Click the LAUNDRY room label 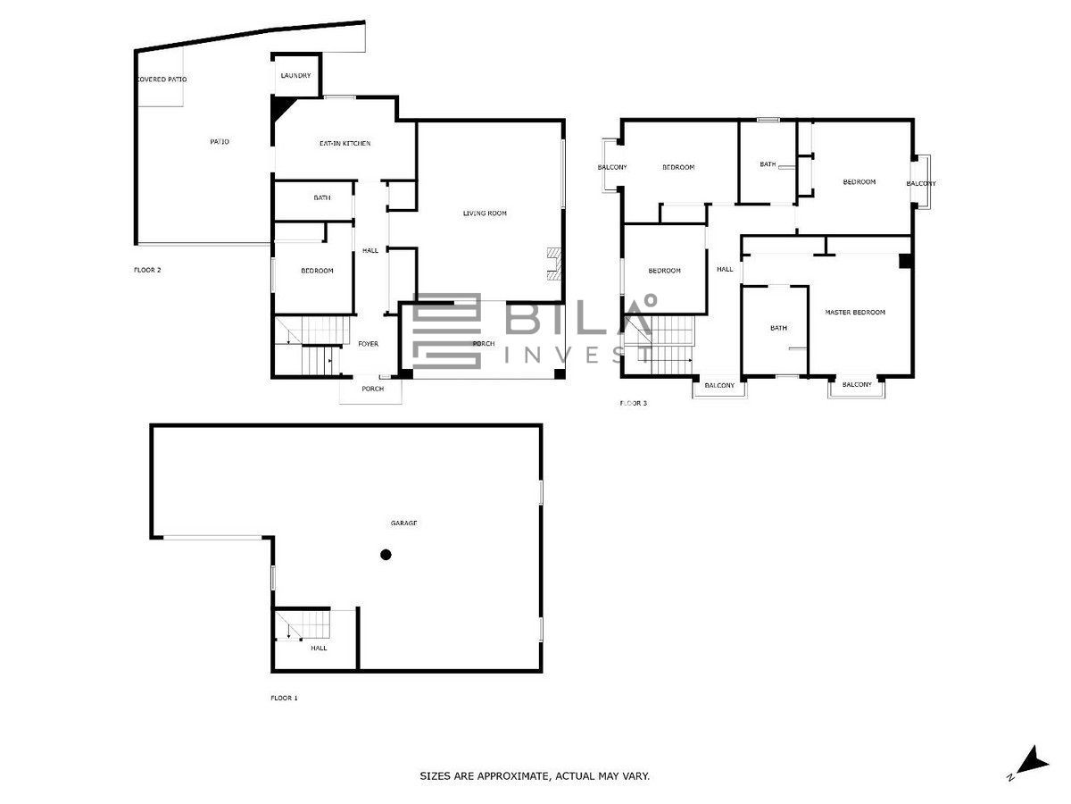point(295,76)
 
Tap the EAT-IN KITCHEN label point(345,144)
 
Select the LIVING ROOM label point(485,214)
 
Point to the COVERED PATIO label point(162,80)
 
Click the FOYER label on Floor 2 point(368,344)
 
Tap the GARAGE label point(403,523)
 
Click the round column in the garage point(386,555)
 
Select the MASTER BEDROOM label point(855,313)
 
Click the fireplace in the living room point(554,264)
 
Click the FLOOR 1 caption point(284,698)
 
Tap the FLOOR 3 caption point(633,403)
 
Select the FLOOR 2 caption point(147,270)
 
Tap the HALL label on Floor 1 point(319,649)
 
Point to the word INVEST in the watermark point(577,356)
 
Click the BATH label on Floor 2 point(321,197)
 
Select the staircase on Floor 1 point(303,624)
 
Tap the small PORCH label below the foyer point(372,389)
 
